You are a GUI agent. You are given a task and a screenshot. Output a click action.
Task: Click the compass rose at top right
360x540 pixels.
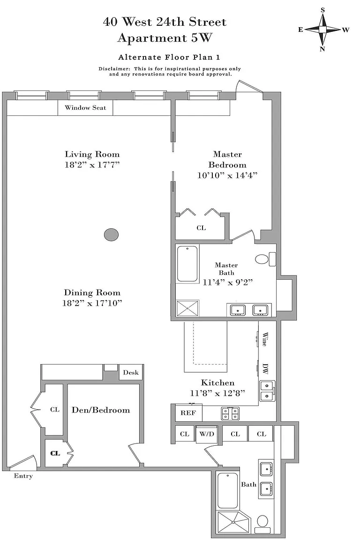click(x=323, y=30)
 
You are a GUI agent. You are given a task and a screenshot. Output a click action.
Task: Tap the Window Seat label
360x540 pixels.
click(x=85, y=108)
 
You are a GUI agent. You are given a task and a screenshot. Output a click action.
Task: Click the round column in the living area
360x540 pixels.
click(x=111, y=235)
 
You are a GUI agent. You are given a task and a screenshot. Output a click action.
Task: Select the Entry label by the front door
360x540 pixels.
click(x=23, y=476)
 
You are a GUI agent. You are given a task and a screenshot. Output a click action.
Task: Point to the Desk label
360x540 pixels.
click(x=131, y=372)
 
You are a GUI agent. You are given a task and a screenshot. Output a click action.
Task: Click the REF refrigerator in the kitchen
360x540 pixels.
click(x=188, y=412)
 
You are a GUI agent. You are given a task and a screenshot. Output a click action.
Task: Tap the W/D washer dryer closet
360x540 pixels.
click(x=207, y=434)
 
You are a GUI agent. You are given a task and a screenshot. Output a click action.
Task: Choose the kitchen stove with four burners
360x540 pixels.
click(x=231, y=413)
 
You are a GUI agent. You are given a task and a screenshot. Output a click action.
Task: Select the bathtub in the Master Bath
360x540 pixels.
click(x=187, y=264)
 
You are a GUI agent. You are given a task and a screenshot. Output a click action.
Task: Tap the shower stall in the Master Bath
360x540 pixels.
click(x=188, y=308)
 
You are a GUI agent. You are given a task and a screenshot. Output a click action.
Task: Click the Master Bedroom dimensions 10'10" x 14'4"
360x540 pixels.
click(x=227, y=175)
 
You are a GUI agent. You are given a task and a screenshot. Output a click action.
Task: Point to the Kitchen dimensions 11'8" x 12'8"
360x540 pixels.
click(x=217, y=393)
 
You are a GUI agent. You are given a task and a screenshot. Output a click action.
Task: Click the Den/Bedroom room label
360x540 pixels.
click(x=101, y=410)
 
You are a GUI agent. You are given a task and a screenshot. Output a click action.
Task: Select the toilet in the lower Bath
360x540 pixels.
click(x=263, y=524)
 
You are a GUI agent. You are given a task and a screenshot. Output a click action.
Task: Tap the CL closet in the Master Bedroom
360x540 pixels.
click(x=201, y=228)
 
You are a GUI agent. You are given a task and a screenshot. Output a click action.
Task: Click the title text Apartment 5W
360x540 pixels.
click(x=165, y=37)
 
